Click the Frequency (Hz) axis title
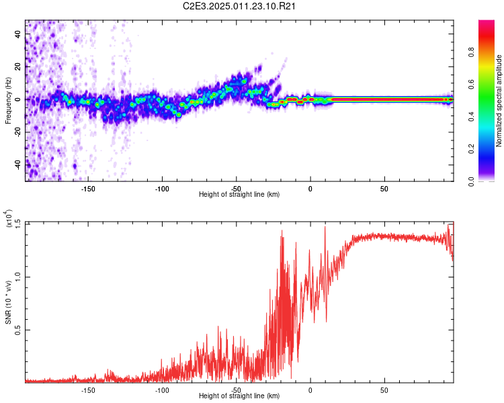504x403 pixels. (9, 100)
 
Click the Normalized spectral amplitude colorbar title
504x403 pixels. (499, 101)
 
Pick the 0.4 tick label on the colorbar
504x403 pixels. (489, 117)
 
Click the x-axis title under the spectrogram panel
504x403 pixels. (239, 195)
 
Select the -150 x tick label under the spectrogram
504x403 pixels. (88, 188)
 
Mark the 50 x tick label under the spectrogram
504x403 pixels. (384, 188)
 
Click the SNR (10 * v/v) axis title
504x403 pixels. (9, 302)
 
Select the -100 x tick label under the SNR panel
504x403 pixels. (162, 390)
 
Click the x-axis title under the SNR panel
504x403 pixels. (239, 396)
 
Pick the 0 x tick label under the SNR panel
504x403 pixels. (310, 390)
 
